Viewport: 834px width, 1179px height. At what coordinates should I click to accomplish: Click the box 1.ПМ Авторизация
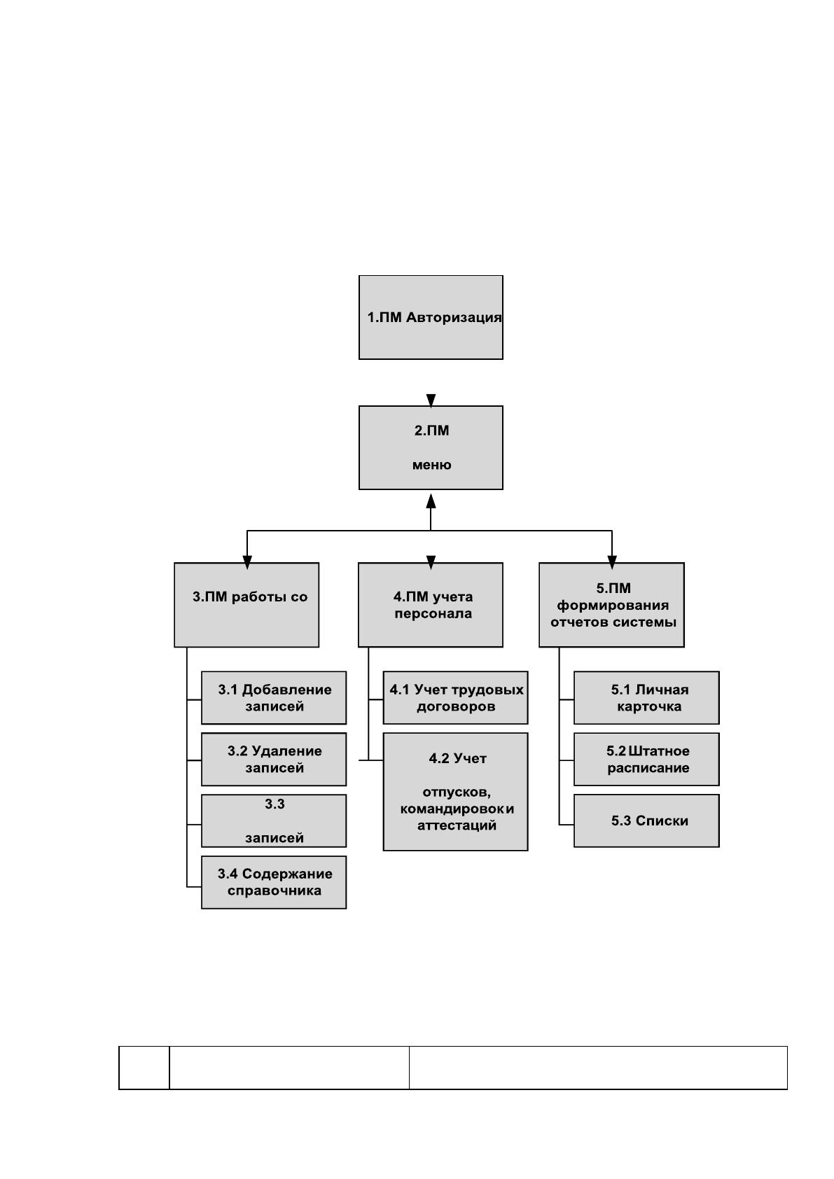[x=431, y=317]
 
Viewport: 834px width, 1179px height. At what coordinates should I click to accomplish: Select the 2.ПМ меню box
[x=431, y=448]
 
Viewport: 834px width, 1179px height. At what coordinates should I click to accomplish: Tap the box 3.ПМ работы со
[x=246, y=605]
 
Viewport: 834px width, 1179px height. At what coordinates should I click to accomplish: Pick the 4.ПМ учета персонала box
[x=431, y=605]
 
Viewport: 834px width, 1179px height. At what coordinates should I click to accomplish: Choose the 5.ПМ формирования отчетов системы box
[x=612, y=605]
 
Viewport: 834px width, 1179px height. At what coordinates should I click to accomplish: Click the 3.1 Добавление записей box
[x=274, y=698]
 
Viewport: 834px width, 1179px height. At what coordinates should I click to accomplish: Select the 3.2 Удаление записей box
[x=274, y=760]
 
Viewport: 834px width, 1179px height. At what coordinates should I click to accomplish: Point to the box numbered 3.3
[x=274, y=821]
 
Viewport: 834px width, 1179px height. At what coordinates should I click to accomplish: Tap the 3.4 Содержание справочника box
[x=274, y=882]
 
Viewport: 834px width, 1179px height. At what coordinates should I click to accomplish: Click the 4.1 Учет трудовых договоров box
[x=455, y=698]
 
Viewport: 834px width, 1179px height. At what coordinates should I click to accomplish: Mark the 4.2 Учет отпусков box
[x=455, y=792]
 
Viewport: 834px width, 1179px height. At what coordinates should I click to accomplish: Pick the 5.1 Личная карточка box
[x=646, y=698]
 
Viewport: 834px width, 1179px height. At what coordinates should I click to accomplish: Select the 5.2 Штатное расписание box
[x=646, y=760]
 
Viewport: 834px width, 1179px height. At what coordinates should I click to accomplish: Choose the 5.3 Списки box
[x=646, y=821]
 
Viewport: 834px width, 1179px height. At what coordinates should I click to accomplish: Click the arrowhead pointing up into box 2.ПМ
[x=431, y=501]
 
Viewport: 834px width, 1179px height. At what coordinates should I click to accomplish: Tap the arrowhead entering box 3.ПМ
[x=247, y=563]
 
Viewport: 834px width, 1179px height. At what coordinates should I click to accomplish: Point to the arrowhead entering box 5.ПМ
[x=612, y=563]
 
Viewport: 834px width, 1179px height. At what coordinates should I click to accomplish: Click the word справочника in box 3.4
[x=274, y=891]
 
